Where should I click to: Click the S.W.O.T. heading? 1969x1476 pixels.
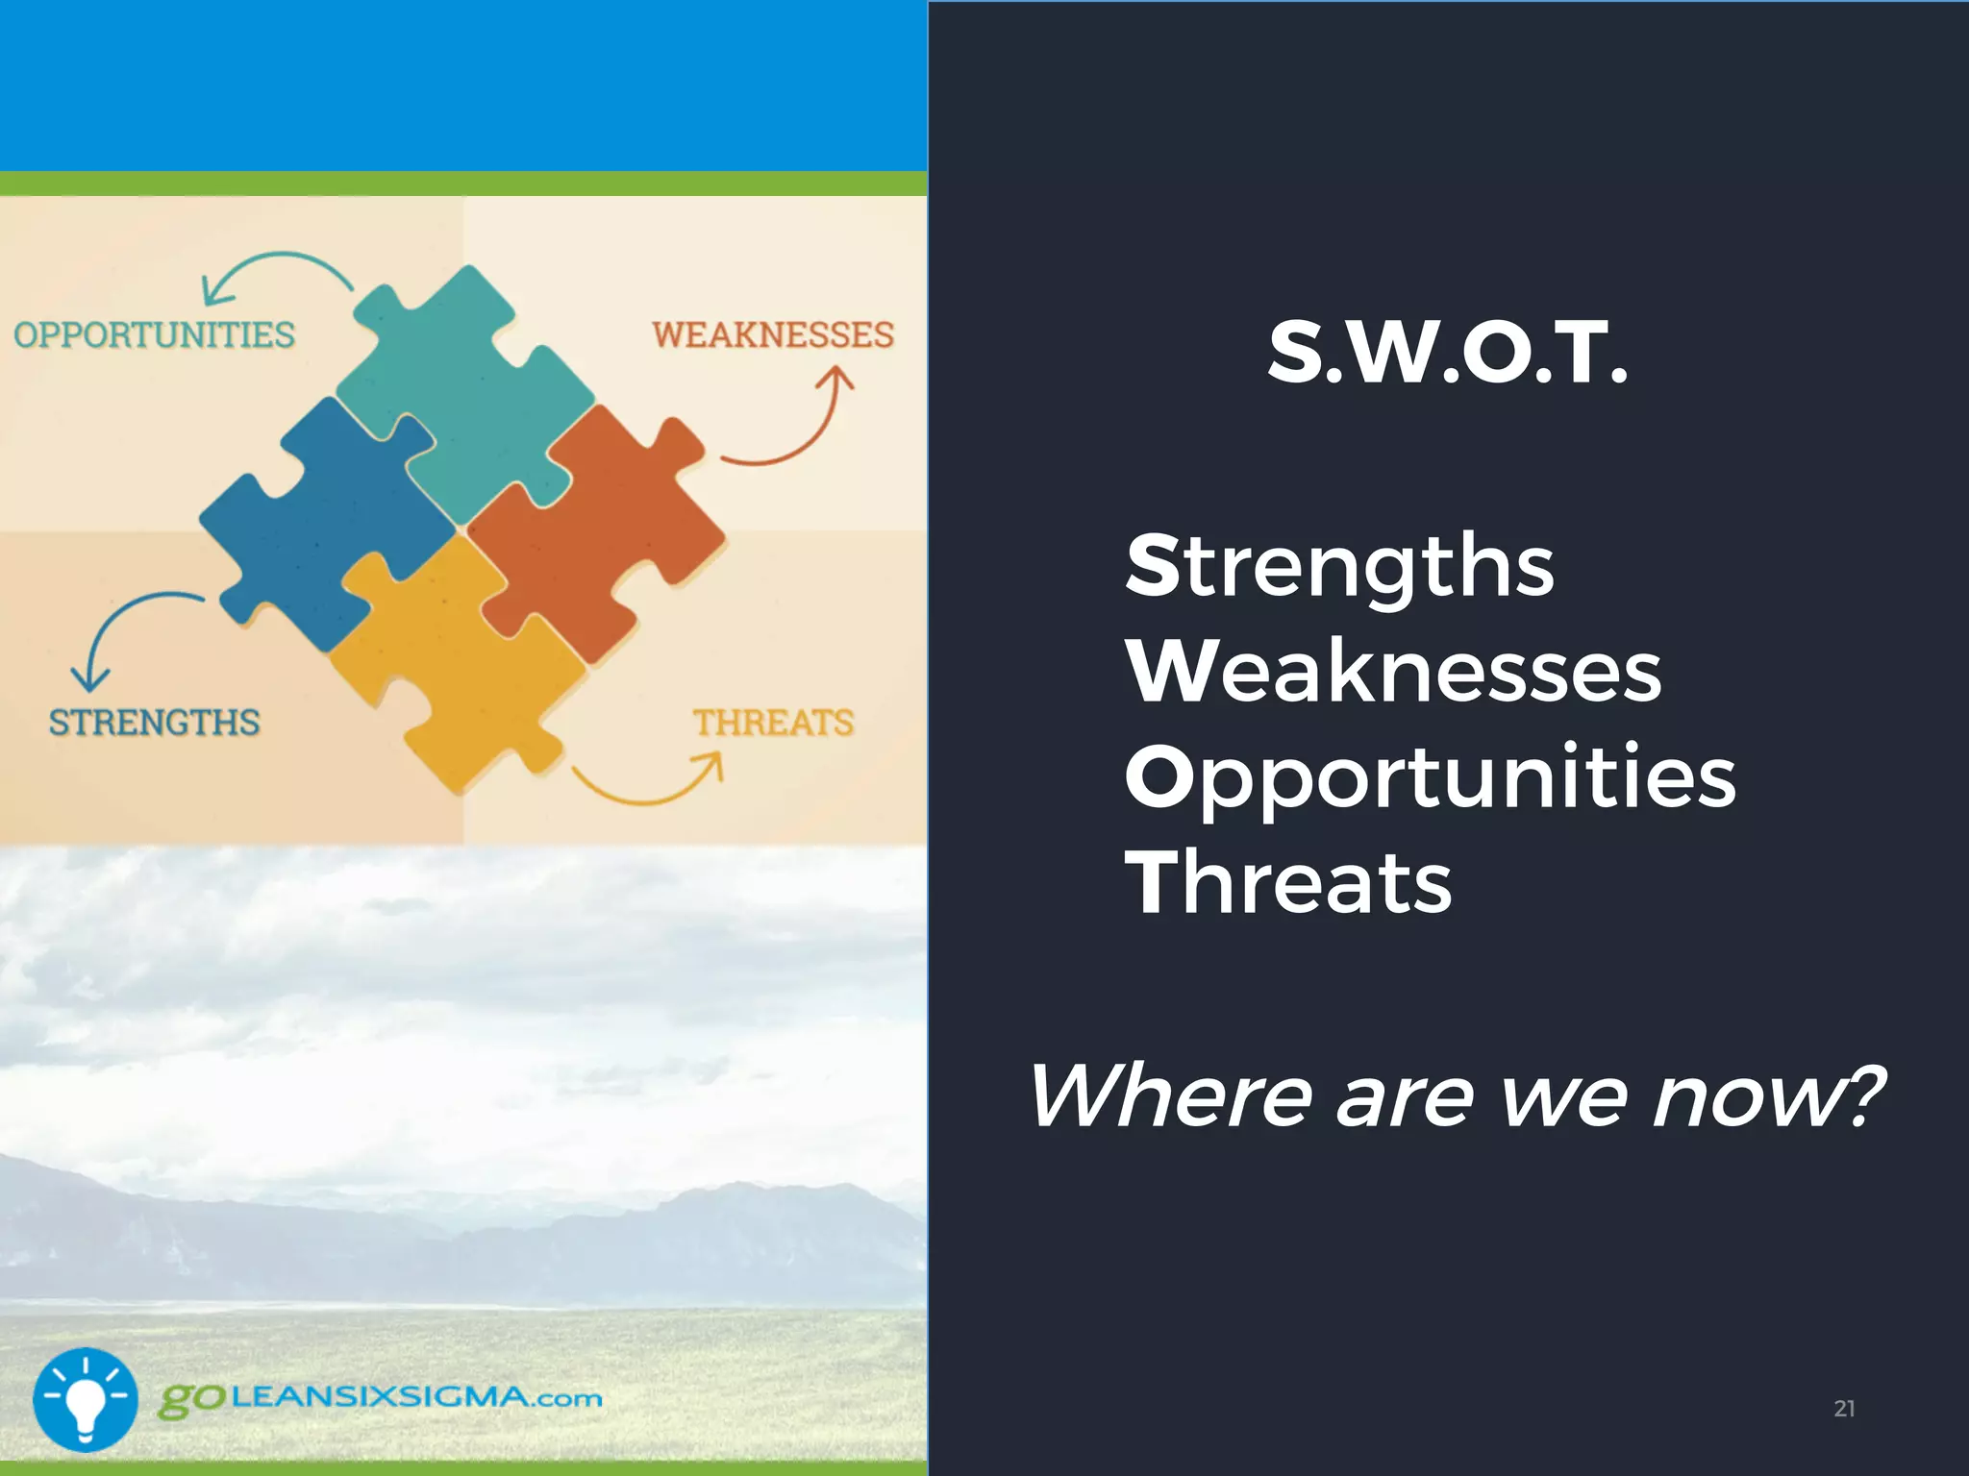click(x=1448, y=353)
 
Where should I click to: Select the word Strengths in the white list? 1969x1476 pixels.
click(x=1339, y=567)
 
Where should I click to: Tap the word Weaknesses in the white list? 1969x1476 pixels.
click(x=1393, y=672)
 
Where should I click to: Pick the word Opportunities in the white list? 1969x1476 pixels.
click(x=1430, y=778)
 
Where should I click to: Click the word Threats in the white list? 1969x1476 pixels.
click(x=1288, y=882)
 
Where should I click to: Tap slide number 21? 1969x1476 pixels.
click(x=1844, y=1409)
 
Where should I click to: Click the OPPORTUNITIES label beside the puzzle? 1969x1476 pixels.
click(x=154, y=335)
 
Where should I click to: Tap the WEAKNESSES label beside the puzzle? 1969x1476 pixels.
click(x=773, y=335)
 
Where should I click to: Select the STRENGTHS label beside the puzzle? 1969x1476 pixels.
click(x=154, y=723)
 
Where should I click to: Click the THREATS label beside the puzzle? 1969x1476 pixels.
click(x=774, y=723)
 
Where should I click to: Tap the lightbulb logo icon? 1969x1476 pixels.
click(x=85, y=1399)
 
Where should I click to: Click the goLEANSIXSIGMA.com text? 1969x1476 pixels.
click(x=381, y=1398)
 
